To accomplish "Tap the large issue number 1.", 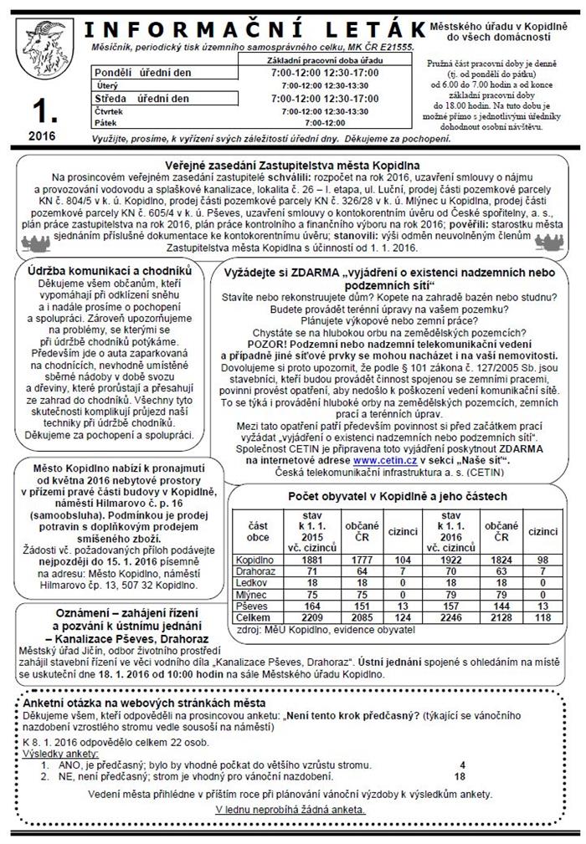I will (x=40, y=110).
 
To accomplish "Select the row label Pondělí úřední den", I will (x=142, y=73).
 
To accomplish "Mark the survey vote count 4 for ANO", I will (x=462, y=765).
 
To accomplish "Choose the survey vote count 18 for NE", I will (x=459, y=776).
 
